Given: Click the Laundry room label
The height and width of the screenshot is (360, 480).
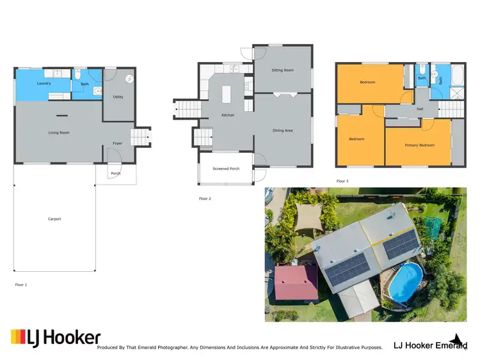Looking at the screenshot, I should tap(44, 83).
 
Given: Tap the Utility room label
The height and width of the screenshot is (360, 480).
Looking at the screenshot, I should tap(118, 97).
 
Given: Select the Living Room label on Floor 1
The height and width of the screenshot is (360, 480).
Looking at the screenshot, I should tap(58, 133).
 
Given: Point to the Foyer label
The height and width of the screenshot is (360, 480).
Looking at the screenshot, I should tap(118, 143).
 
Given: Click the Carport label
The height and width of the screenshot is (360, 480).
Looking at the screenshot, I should tap(54, 219).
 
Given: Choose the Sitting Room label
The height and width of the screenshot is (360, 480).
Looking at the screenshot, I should tap(282, 70).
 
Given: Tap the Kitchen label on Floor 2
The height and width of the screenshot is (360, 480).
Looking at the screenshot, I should tap(228, 115).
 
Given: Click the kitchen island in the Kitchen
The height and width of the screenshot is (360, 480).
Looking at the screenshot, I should tap(226, 94).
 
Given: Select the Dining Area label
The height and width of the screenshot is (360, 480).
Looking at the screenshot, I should tap(282, 130).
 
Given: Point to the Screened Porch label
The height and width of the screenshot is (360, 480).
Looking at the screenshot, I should tap(226, 169).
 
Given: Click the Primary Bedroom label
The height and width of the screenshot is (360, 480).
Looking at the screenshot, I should tap(419, 145).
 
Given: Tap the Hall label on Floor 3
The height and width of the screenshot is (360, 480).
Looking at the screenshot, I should tap(420, 109).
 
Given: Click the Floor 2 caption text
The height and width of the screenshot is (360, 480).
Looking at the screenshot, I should tap(205, 199).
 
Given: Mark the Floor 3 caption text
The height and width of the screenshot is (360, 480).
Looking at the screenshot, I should tap(342, 181).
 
